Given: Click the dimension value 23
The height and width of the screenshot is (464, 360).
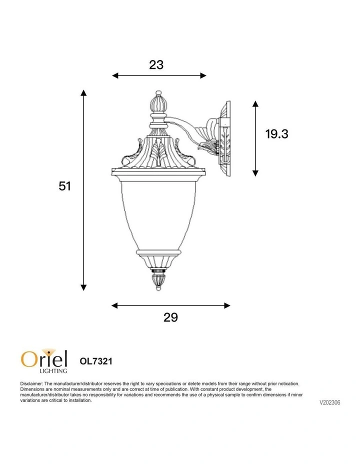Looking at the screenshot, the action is coord(156,64).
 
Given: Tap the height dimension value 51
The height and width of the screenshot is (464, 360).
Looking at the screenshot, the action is coord(65,186).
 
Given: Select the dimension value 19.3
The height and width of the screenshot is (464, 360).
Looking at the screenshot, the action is coord(276,134).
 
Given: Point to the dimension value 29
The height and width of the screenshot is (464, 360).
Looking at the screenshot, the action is coord(170,317).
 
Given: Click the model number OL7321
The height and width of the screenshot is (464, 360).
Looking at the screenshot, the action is coord(96,361).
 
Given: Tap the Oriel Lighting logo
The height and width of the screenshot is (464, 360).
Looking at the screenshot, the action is coord(44,360).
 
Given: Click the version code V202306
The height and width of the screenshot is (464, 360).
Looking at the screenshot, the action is coord(329,402).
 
